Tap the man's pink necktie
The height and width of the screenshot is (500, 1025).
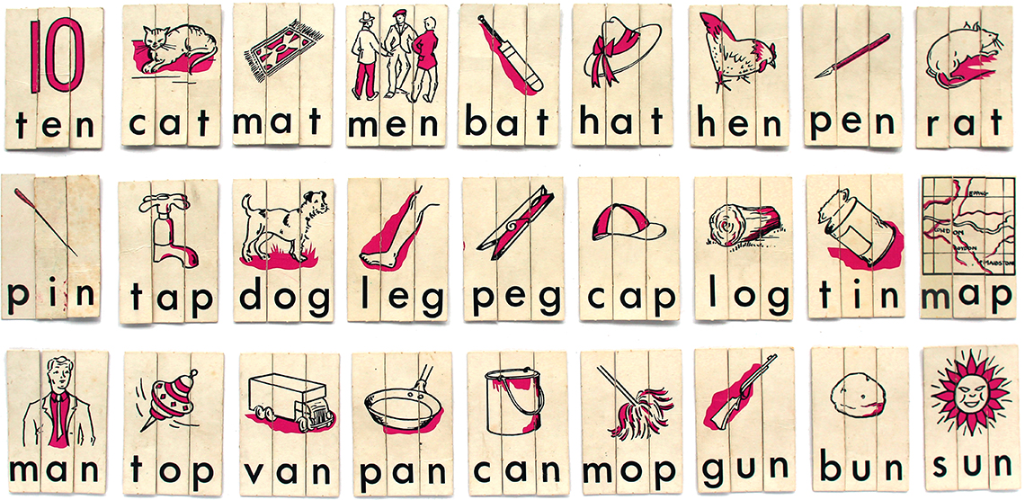(58, 417)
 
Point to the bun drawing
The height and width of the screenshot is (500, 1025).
(858, 397)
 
